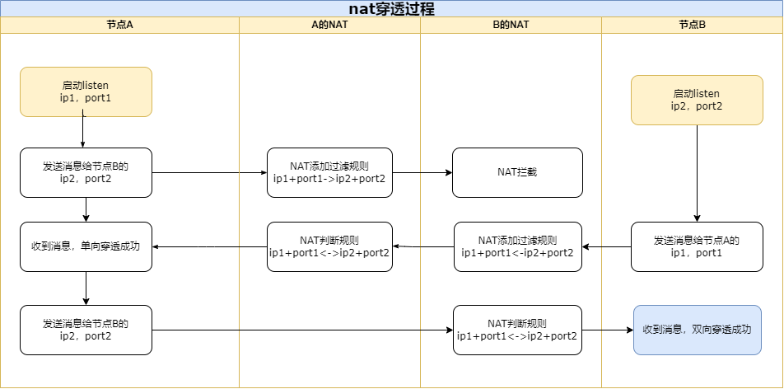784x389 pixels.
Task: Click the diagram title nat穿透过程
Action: pos(391,8)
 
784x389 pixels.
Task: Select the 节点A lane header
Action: pos(119,25)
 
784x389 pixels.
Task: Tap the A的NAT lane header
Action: pos(329,25)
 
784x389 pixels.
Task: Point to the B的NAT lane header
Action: pos(511,25)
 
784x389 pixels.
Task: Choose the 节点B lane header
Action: pos(692,25)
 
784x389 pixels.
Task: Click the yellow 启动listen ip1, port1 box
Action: pos(86,91)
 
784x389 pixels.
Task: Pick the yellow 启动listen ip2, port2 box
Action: pos(697,100)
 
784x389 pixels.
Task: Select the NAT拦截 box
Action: pos(517,172)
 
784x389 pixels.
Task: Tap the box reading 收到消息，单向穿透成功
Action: pos(86,246)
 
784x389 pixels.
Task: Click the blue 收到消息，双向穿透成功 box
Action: pos(697,330)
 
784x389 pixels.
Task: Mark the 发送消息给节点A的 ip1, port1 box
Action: pos(697,246)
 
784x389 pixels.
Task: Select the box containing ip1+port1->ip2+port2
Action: pos(329,172)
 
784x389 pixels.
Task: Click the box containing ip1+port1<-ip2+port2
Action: pos(518,246)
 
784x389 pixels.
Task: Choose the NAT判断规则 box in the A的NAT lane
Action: pos(329,246)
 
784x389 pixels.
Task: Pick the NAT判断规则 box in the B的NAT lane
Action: pos(517,330)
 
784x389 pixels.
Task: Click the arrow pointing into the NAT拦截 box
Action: pos(422,173)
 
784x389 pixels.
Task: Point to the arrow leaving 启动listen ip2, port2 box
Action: pos(698,173)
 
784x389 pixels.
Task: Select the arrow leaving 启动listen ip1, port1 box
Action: pos(84,131)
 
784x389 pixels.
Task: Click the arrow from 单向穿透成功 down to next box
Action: pos(86,288)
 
